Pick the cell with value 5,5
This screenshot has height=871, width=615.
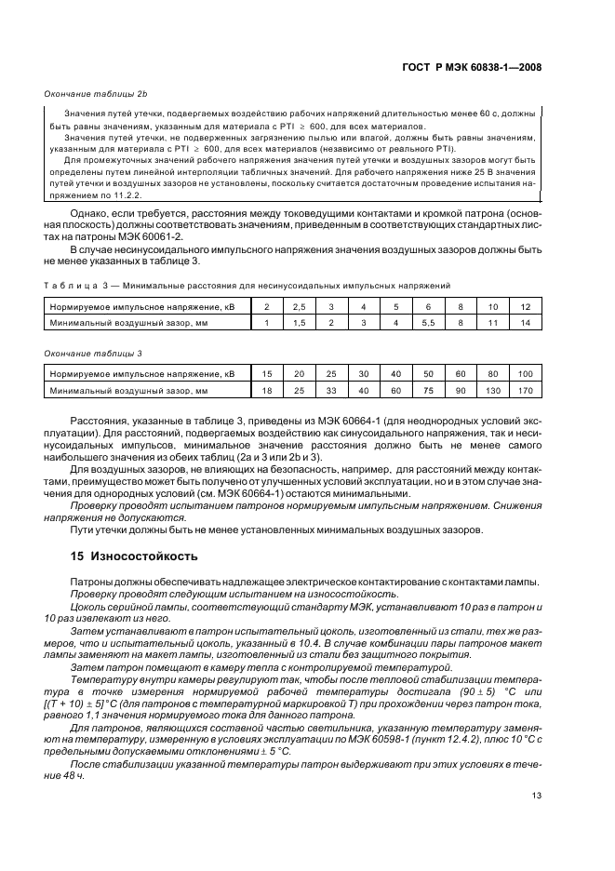428,322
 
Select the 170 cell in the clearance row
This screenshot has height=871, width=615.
526,390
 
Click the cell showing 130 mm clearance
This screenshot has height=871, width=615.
493,390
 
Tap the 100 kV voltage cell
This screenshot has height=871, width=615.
526,373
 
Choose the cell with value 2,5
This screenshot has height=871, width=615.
299,305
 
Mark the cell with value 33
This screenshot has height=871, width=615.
331,390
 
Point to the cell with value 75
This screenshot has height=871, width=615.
428,390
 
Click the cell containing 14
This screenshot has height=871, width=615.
526,322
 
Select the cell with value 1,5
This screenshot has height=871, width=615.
299,322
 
